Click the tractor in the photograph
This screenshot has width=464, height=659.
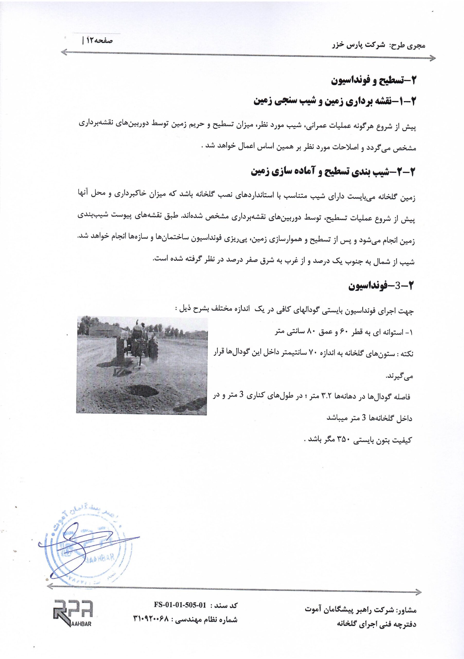(x=138, y=344)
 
